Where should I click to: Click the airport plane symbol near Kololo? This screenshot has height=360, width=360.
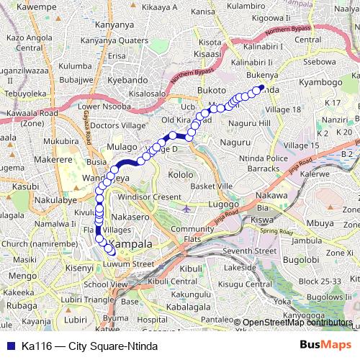point(187,210)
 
